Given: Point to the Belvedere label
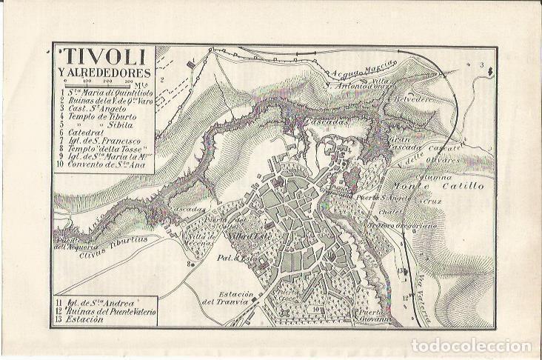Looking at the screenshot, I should point(413,99).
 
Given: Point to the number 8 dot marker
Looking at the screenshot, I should point(192,261).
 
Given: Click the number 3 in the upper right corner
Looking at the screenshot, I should point(482,67).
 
